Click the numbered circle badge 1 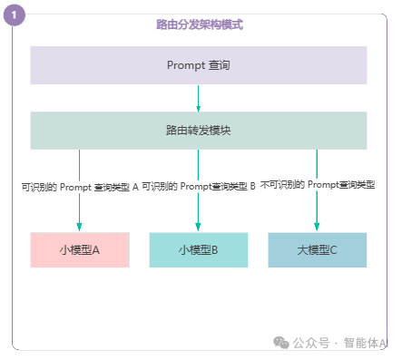click(16, 16)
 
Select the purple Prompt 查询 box click(198, 65)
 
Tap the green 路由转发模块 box click(198, 131)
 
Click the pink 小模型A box click(80, 249)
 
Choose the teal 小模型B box click(199, 249)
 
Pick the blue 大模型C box click(318, 249)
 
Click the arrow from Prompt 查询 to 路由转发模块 click(198, 98)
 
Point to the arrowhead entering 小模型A click(80, 227)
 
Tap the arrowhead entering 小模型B click(199, 227)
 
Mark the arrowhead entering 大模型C click(317, 227)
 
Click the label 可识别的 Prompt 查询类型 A click(80, 188)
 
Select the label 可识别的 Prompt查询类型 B click(199, 187)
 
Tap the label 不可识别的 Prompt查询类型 click(318, 185)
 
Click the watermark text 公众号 click(310, 343)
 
